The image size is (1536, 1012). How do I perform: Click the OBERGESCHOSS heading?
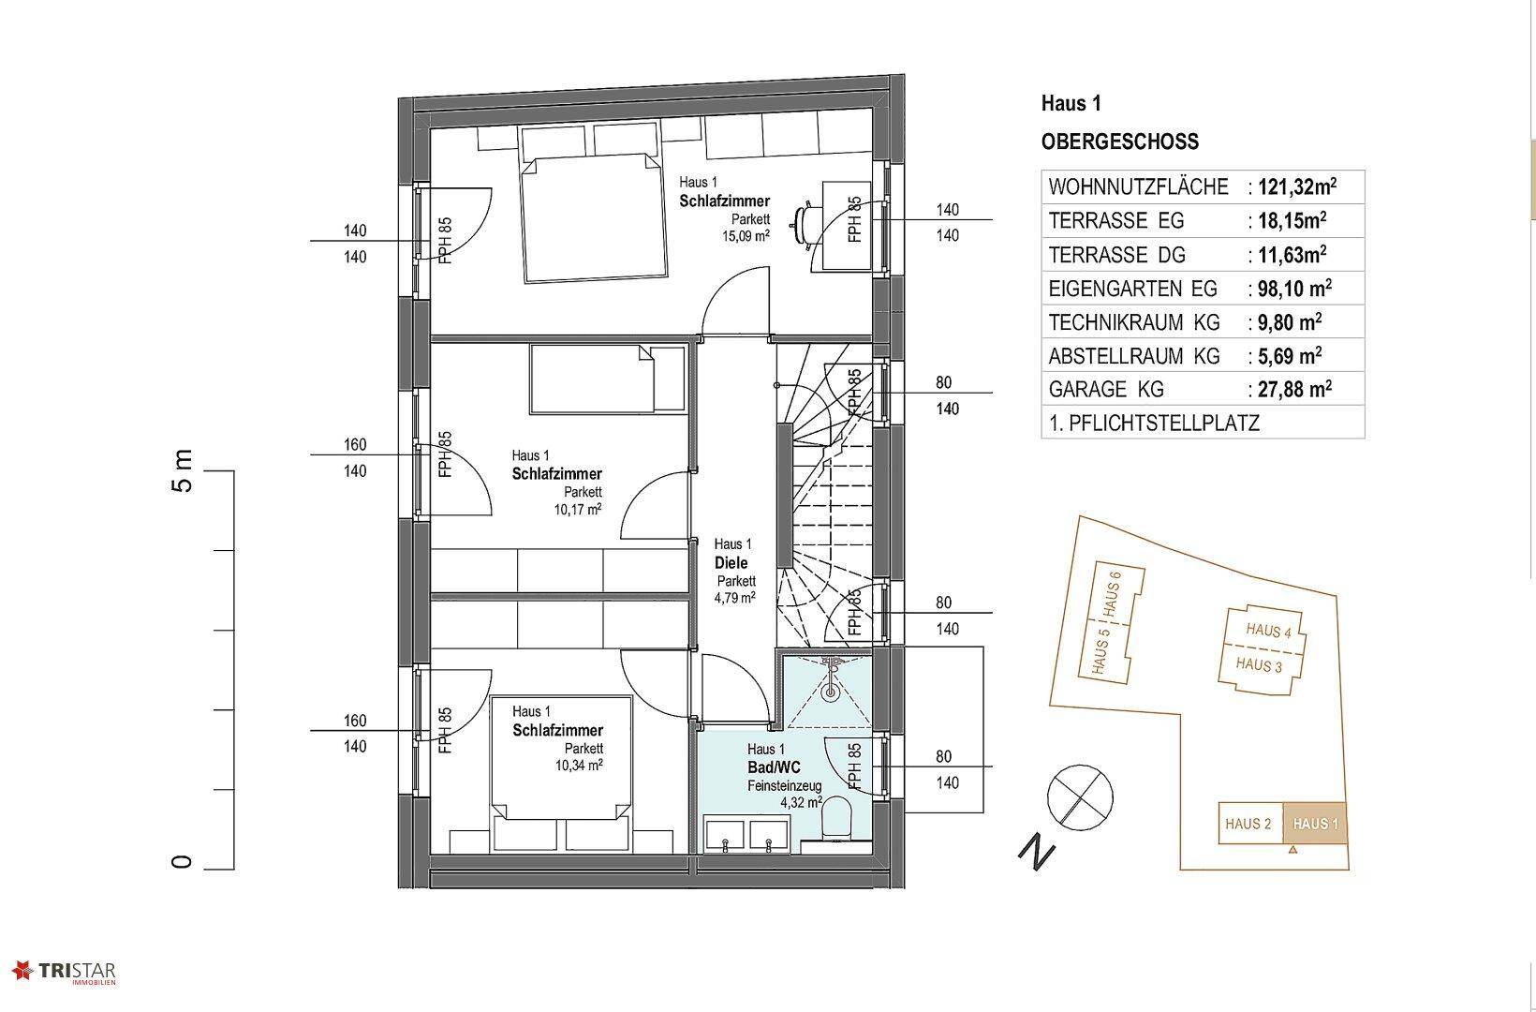click(1120, 141)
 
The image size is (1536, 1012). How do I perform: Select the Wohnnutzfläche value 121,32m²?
click(1297, 186)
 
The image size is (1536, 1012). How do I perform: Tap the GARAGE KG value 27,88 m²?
click(1294, 389)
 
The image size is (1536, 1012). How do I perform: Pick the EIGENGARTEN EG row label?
click(1133, 289)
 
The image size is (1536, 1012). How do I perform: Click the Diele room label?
click(731, 562)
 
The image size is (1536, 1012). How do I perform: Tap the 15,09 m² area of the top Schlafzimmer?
click(746, 236)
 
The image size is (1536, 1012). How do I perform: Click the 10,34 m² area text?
click(579, 765)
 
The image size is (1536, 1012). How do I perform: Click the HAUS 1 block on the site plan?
click(1315, 824)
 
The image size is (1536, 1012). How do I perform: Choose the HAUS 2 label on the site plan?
click(1248, 824)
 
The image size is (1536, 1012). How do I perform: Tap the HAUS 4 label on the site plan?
click(1268, 630)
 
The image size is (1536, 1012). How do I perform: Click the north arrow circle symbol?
click(1080, 797)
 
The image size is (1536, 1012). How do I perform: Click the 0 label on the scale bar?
click(182, 861)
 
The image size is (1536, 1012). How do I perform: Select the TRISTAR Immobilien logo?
click(65, 973)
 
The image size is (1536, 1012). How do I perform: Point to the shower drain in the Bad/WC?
click(831, 692)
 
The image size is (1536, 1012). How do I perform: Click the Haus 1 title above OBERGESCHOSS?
click(1071, 104)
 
